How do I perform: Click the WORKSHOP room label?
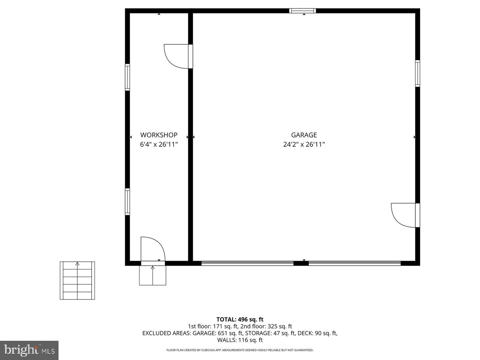click(x=159, y=135)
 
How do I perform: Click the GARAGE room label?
click(x=304, y=135)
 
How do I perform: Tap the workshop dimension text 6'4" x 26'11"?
click(x=159, y=144)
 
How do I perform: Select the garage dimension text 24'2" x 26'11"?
click(x=304, y=144)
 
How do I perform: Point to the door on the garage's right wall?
click(x=404, y=215)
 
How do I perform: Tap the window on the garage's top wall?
click(x=302, y=11)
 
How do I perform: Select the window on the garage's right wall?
click(x=417, y=73)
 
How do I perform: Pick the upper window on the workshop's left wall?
click(x=127, y=77)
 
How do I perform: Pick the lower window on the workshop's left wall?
click(x=127, y=201)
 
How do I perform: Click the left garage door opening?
click(x=247, y=263)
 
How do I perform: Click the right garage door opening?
click(x=354, y=263)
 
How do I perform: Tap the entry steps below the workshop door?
click(x=153, y=276)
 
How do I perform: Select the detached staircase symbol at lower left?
click(x=77, y=280)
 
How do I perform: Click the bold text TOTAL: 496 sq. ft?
click(x=240, y=319)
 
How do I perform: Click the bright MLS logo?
click(x=29, y=350)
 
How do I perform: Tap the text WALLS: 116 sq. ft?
click(x=240, y=340)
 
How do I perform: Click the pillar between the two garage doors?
click(x=301, y=263)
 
